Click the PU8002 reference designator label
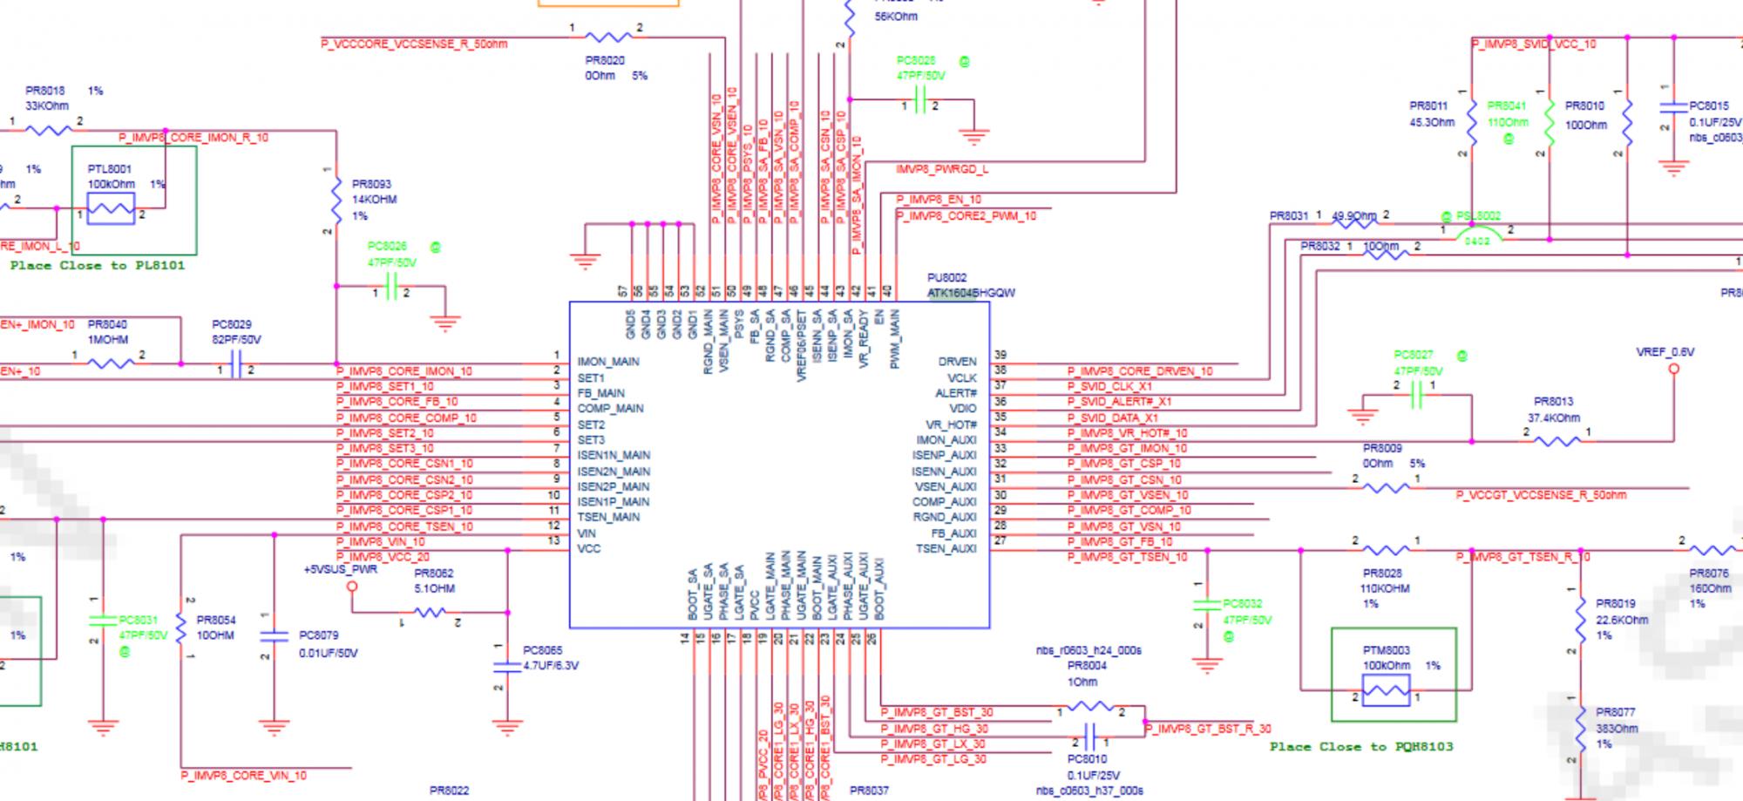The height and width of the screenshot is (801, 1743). coord(946,278)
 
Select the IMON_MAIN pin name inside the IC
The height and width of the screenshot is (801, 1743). coord(607,362)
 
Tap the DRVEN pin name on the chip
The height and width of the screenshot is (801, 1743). coord(957,362)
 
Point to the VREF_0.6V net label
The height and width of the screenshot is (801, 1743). coord(1665,352)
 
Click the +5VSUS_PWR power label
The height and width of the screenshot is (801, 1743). coord(340,570)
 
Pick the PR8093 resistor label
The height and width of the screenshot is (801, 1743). coord(371,185)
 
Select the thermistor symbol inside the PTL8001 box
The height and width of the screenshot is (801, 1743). coord(111,209)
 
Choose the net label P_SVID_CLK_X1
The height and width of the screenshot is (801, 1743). coord(1109,386)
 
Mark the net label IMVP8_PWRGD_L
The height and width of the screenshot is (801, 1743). coord(941,169)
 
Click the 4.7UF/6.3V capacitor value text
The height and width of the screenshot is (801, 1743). coord(550,666)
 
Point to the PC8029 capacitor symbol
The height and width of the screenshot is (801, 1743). coord(234,370)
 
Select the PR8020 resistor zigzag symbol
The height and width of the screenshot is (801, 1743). coord(607,37)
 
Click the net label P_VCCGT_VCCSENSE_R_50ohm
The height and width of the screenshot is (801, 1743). coord(1541,495)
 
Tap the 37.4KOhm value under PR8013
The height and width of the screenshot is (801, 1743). coord(1553,417)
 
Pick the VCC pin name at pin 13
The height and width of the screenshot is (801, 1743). coord(588,549)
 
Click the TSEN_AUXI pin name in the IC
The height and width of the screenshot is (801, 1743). coord(946,549)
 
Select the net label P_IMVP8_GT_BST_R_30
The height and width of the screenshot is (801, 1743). coord(1207,729)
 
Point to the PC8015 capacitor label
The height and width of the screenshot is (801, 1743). coord(1708,105)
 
